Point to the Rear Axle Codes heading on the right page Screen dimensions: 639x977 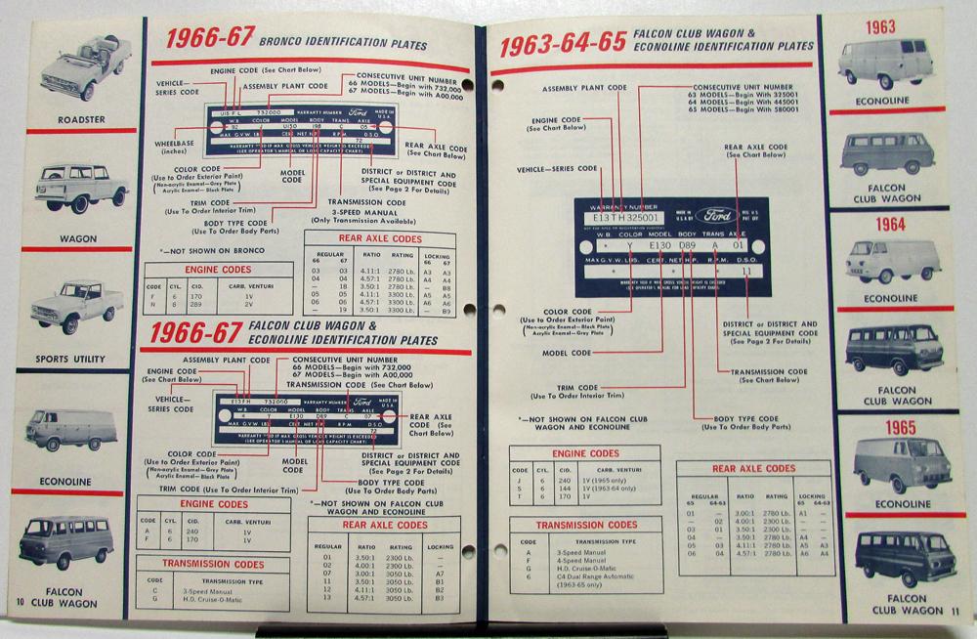coord(753,468)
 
